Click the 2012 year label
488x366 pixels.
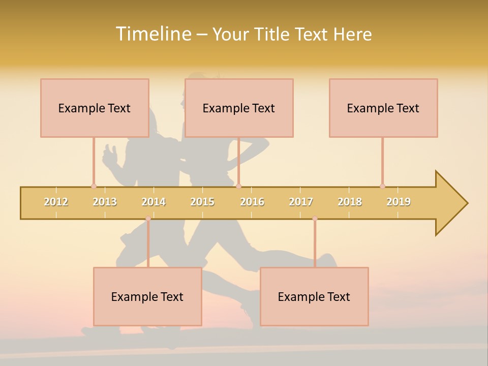tap(56, 202)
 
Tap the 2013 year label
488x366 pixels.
tap(105, 202)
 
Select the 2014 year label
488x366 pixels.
tap(154, 202)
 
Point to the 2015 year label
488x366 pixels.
tap(202, 202)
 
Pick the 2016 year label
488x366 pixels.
tap(252, 202)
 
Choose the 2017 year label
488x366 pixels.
tap(301, 202)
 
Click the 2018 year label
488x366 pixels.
tap(350, 202)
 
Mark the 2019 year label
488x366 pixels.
tap(399, 202)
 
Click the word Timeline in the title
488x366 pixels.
tap(152, 34)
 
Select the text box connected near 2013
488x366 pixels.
tap(95, 108)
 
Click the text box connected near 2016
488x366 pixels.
tap(239, 108)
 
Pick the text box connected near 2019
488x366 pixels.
tap(383, 108)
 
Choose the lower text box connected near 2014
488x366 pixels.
tap(147, 296)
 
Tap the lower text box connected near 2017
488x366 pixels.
tap(314, 296)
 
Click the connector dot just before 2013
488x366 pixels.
tap(94, 186)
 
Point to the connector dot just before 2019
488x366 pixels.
tap(382, 186)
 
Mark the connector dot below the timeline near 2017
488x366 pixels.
tap(315, 219)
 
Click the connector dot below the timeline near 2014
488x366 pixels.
tap(148, 219)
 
